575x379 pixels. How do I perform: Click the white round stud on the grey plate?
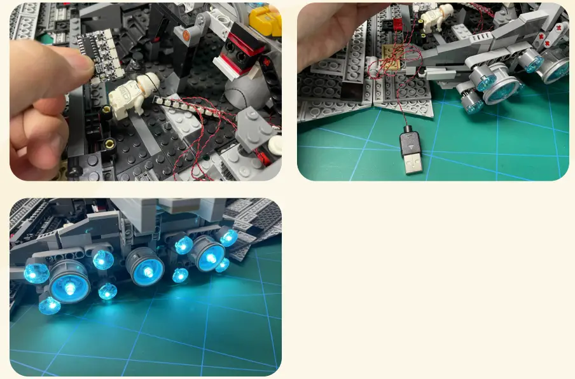tap(274, 145)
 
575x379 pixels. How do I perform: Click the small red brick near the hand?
tap(400, 25)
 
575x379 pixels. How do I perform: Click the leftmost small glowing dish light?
tap(36, 273)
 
